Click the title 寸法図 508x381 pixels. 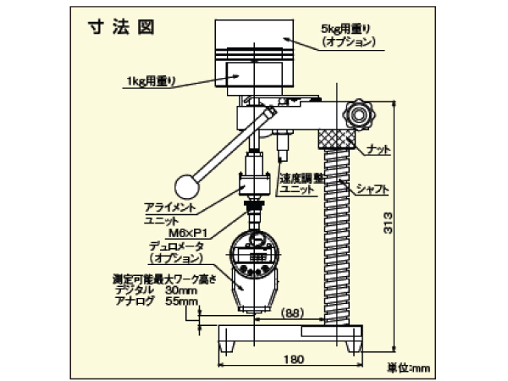pyautogui.click(x=123, y=25)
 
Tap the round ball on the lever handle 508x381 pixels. pyautogui.click(x=185, y=185)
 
